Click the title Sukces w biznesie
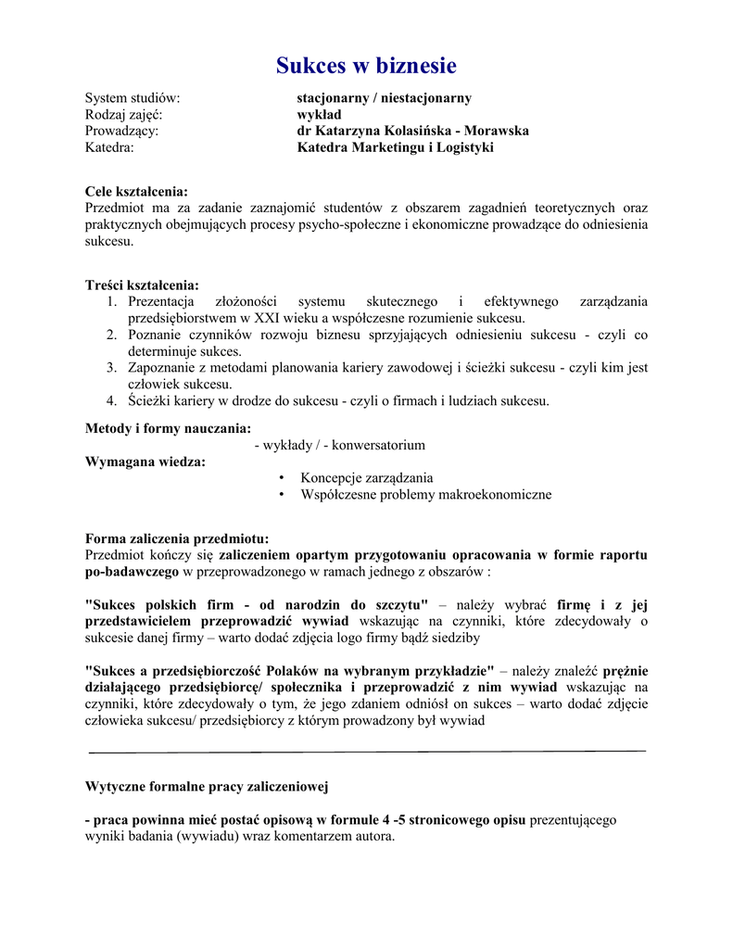coord(366,66)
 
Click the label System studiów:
coord(133,97)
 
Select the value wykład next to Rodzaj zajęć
coord(319,114)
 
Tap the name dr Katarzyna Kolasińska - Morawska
coord(412,131)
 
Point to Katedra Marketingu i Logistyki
coord(395,147)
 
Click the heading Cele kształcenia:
coord(136,191)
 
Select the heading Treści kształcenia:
coord(142,285)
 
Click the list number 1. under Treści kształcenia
coord(110,302)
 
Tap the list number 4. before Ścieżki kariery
coord(110,401)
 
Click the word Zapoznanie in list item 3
coord(161,368)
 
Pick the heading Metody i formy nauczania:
coord(168,428)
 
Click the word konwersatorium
coord(378,445)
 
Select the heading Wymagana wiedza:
coord(145,462)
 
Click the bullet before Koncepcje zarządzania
coord(281,478)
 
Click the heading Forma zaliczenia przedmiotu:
coord(177,538)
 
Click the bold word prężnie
coord(626,670)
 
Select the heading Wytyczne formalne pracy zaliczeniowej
coord(207,787)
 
